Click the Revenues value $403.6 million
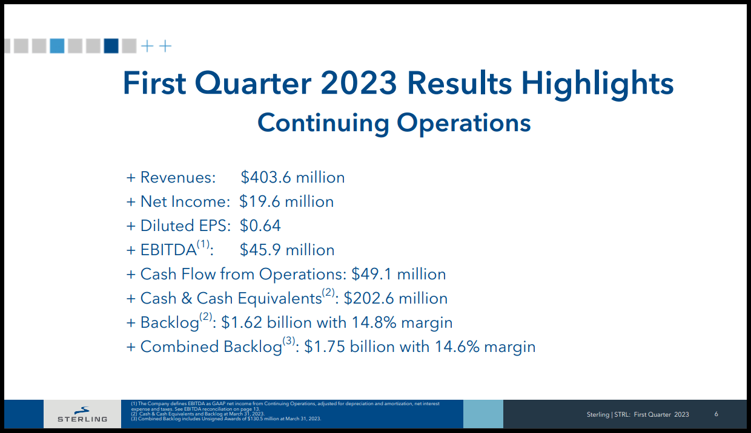click(x=293, y=177)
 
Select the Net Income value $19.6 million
click(x=286, y=201)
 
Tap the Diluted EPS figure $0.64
click(x=260, y=226)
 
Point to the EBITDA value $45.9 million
click(x=287, y=250)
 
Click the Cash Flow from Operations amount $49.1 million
click(x=399, y=274)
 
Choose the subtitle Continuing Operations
click(x=394, y=123)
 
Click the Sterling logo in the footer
click(x=82, y=414)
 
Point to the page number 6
click(x=716, y=414)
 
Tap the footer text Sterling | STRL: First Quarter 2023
click(x=638, y=414)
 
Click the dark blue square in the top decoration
click(x=111, y=46)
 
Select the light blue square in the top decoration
click(x=57, y=46)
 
